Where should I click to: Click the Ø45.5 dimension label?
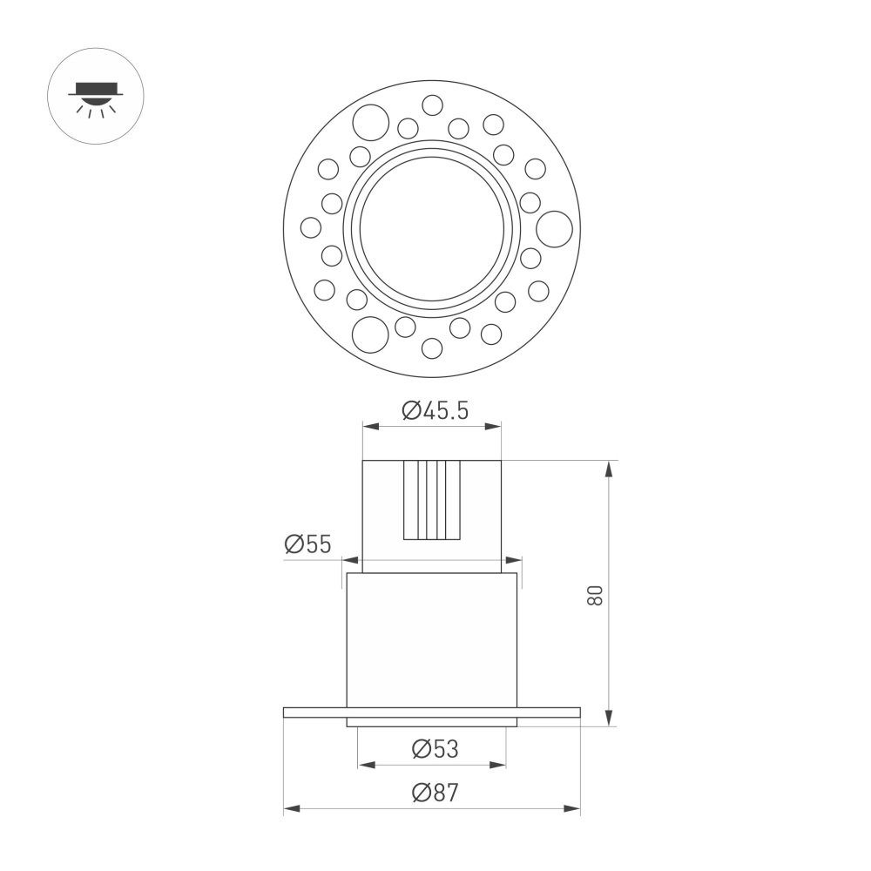435,410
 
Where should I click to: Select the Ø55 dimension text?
307,545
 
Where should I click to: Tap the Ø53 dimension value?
435,748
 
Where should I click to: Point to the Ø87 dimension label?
435,793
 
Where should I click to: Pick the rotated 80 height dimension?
595,595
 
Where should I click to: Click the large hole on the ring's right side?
554,228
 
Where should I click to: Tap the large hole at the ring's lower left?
369,334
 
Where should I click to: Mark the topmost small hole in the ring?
432,105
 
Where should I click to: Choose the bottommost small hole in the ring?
431,348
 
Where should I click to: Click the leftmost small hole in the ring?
311,227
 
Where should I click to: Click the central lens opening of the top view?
432,228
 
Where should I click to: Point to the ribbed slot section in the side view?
431,500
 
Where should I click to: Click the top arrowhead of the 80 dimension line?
609,468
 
